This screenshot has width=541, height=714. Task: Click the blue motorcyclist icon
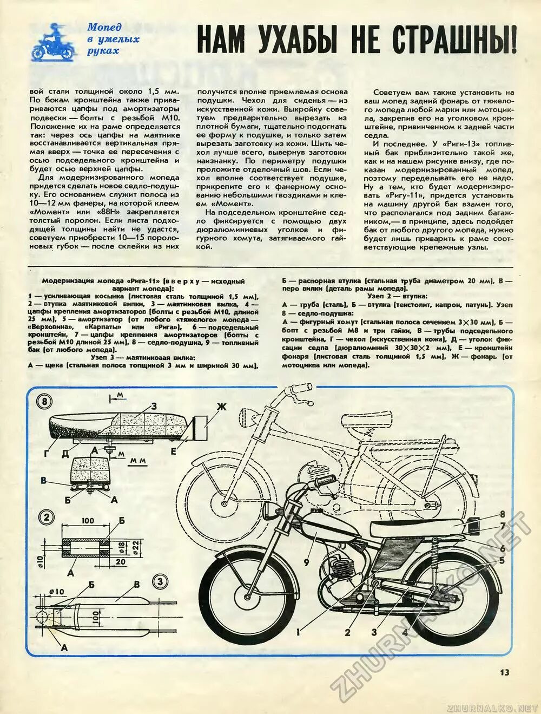[x=52, y=41]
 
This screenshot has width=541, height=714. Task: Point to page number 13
[x=504, y=672]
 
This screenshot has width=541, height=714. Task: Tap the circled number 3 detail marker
[x=159, y=582]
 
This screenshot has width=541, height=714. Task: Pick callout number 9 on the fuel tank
[x=306, y=562]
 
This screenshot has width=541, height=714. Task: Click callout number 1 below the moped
[x=298, y=630]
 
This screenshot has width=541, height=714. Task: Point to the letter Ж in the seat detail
[x=220, y=407]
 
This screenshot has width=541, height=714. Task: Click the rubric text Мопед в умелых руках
[x=113, y=39]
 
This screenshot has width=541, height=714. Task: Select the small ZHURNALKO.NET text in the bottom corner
[x=492, y=707]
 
